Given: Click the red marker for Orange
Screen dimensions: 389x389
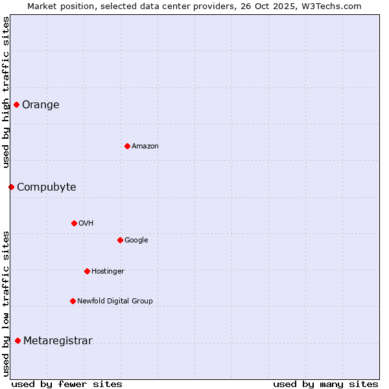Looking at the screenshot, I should tap(16, 104).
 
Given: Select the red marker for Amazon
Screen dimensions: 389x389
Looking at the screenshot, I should tap(127, 146).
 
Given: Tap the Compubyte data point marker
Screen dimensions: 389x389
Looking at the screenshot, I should tap(11, 187).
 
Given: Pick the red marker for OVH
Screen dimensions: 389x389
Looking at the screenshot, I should tap(74, 223).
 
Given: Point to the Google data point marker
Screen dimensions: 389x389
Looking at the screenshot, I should tap(120, 240).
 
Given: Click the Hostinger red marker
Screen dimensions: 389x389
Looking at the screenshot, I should tap(87, 271).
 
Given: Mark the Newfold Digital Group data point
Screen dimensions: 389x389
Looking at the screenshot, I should tap(73, 301).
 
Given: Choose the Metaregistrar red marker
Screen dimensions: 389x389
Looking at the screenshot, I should tap(18, 340).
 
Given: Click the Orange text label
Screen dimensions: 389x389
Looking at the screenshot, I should tap(41, 105).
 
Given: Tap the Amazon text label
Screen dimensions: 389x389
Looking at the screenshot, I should tap(145, 147).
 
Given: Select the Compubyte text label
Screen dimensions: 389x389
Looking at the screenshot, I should tap(47, 187).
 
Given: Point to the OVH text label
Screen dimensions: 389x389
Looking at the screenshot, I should tap(86, 224).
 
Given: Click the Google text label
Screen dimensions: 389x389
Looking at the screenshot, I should tap(136, 241).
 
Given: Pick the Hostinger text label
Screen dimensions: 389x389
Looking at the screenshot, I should tap(108, 272).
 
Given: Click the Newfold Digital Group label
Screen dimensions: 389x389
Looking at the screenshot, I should tap(115, 301).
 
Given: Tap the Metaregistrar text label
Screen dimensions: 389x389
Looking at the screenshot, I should tap(58, 341).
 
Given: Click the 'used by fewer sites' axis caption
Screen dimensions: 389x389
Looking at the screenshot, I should tap(67, 384).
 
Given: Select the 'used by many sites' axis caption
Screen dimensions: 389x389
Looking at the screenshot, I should tap(325, 384).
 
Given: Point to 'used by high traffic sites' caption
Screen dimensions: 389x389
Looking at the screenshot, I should tap(6, 92).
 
